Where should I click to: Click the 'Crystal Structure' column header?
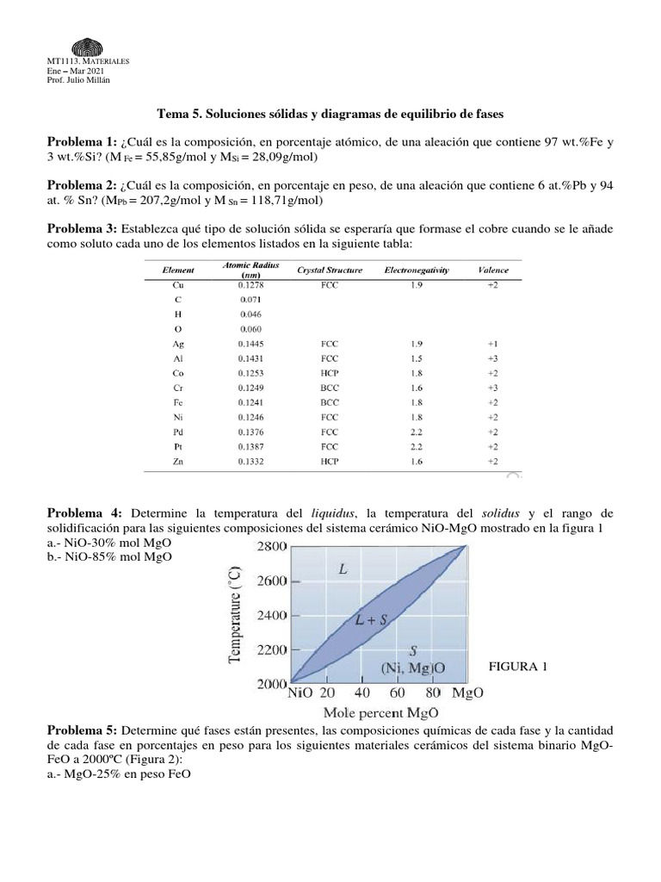coord(330,270)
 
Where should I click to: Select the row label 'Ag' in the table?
coord(178,344)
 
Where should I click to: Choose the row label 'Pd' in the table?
coord(178,432)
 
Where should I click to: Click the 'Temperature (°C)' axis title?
coord(235,615)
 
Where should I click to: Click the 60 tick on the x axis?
coord(397,692)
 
